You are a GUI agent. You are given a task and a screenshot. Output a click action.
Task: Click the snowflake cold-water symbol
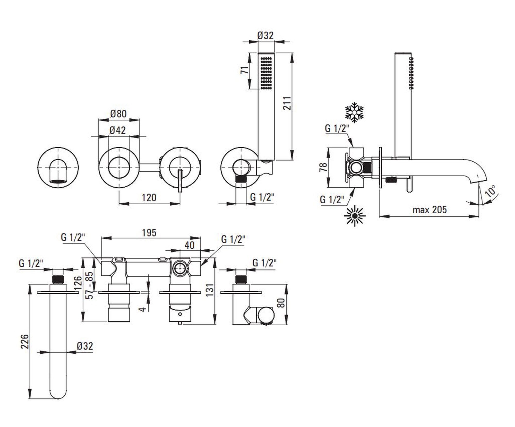click(x=354, y=112)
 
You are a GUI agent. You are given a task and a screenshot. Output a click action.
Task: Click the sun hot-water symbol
click(x=355, y=216)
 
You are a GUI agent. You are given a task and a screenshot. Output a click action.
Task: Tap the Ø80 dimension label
click(x=118, y=114)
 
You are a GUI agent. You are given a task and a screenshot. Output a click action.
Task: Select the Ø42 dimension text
click(x=118, y=130)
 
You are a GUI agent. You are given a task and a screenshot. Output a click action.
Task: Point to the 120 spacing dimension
click(x=149, y=198)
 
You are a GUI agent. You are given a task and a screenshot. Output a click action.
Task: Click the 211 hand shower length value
click(x=287, y=103)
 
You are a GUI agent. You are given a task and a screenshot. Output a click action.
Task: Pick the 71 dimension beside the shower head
click(x=245, y=70)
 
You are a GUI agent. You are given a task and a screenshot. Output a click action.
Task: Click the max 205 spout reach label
click(x=430, y=210)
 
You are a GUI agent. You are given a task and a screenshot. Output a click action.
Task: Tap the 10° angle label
click(x=490, y=191)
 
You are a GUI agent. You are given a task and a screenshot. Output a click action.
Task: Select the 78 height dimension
click(x=323, y=167)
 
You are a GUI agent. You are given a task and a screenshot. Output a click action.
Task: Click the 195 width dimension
click(x=149, y=233)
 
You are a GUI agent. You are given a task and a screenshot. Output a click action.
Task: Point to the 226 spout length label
click(x=25, y=342)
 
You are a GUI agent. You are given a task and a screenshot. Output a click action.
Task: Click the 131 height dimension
click(x=210, y=290)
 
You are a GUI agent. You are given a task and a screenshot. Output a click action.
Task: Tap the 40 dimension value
click(x=190, y=245)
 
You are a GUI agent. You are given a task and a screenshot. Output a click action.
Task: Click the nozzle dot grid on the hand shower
click(x=266, y=73)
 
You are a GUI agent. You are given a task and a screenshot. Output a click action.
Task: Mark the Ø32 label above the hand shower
click(x=265, y=35)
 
